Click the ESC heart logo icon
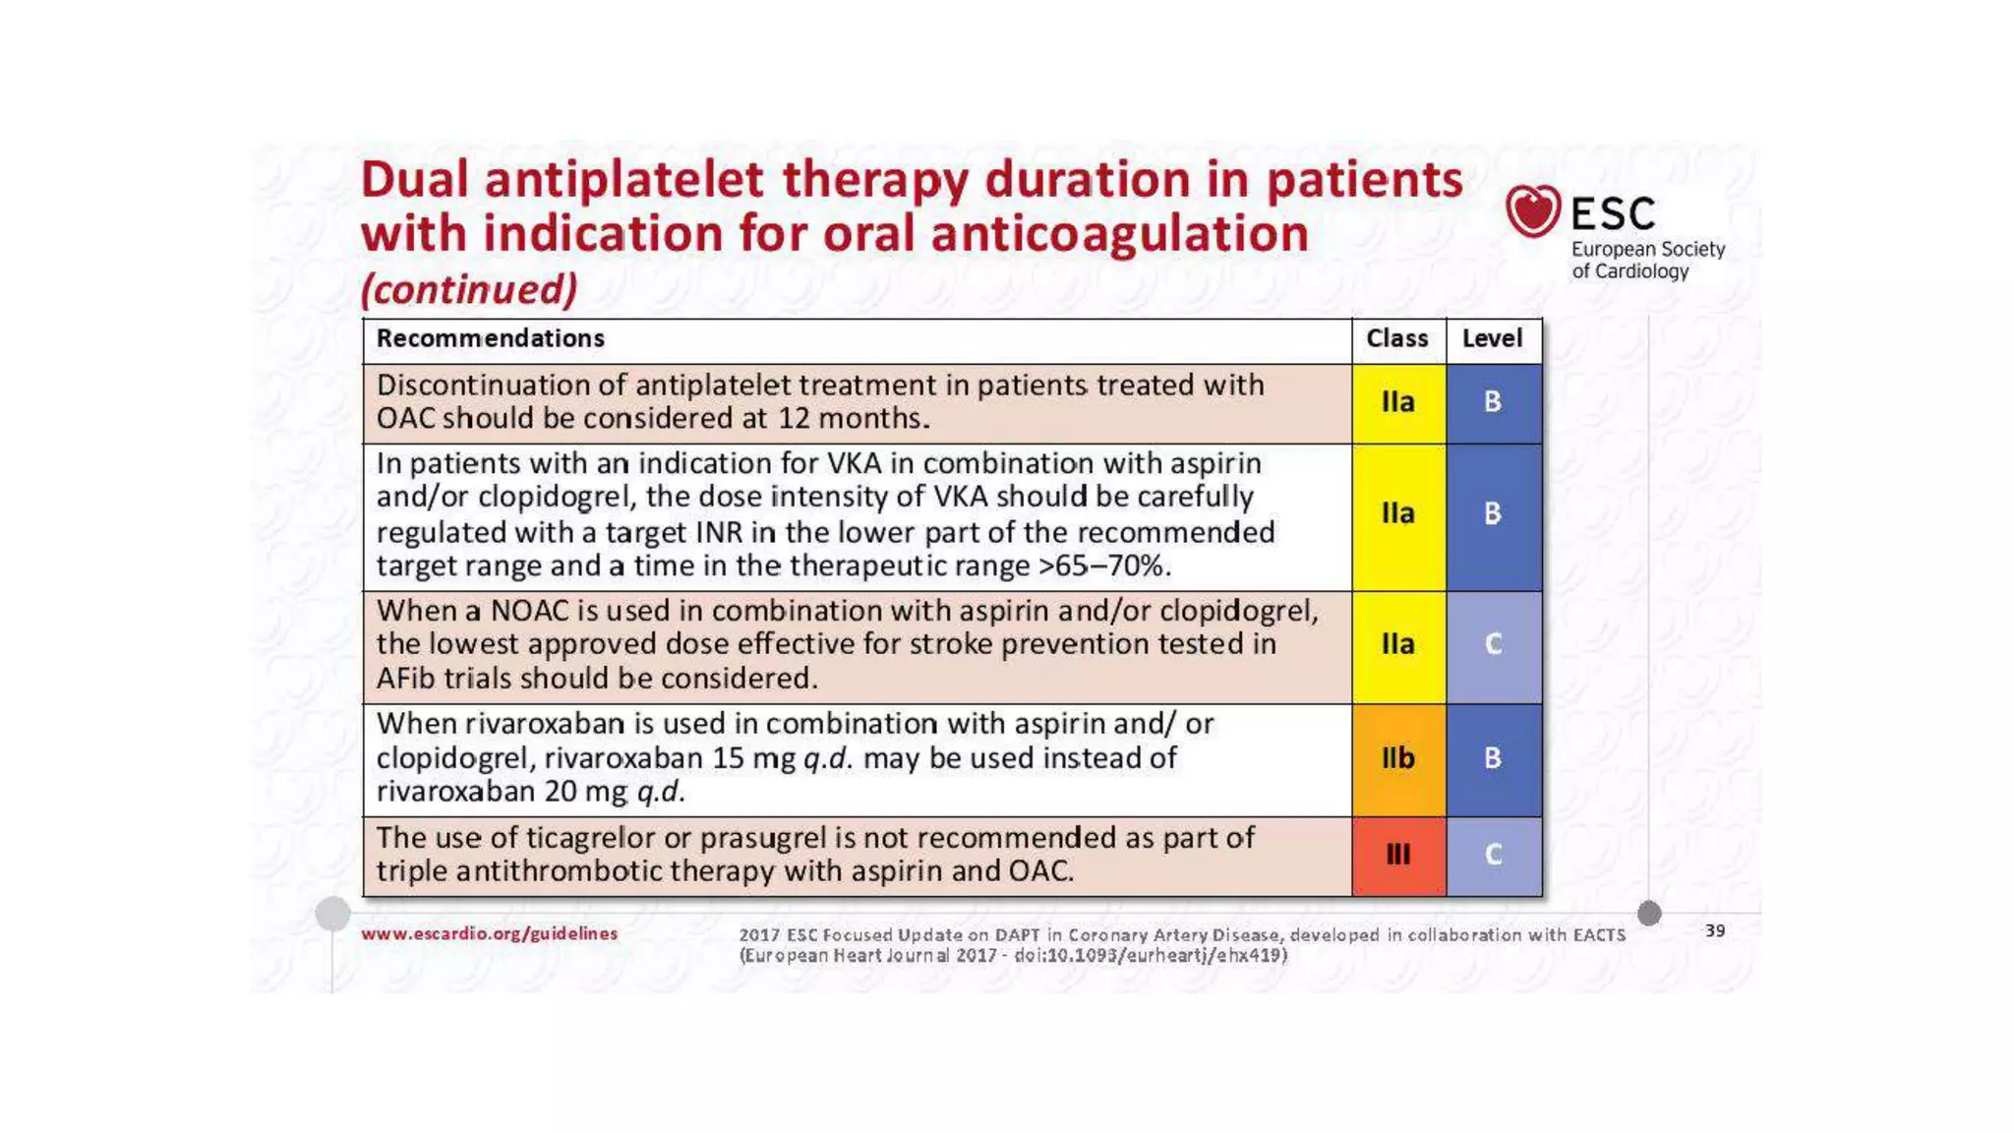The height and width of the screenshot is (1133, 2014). [x=1532, y=210]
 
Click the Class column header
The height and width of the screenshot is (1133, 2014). [x=1396, y=338]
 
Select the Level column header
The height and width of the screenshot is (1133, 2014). [x=1492, y=338]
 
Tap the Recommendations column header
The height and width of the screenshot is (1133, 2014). [x=490, y=338]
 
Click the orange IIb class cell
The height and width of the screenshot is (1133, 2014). [x=1397, y=758]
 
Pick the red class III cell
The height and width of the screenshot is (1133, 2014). [x=1397, y=855]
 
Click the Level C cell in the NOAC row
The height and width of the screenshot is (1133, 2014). [x=1493, y=645]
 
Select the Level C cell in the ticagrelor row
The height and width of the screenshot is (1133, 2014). [x=1493, y=855]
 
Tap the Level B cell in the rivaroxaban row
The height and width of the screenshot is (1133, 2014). [x=1493, y=758]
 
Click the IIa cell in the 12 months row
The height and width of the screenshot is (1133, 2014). [x=1397, y=402]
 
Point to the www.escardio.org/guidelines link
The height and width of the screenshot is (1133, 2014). [x=489, y=933]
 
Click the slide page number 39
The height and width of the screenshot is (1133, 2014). [x=1714, y=930]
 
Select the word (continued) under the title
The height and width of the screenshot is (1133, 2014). [x=469, y=289]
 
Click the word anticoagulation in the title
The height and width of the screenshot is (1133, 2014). [x=1119, y=234]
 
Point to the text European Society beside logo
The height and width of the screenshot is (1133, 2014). [x=1647, y=249]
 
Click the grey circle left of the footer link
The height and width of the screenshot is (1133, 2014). [x=332, y=914]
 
